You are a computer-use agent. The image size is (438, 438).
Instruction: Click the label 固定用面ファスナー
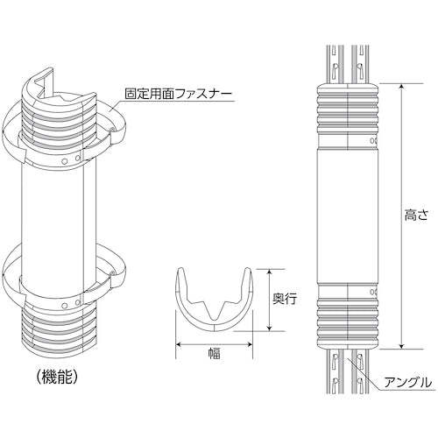[x=179, y=94]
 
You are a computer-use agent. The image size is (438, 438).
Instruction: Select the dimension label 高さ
[x=416, y=215]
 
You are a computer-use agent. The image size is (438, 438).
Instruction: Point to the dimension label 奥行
[x=285, y=299]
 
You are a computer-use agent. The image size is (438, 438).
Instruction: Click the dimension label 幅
[x=214, y=353]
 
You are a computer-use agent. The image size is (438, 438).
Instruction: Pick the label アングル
[x=407, y=383]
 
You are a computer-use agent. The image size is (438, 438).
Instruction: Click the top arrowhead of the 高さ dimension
[x=402, y=87]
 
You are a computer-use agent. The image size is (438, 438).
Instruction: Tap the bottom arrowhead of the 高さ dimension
[x=402, y=345]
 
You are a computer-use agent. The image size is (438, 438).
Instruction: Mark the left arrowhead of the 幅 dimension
[x=179, y=344]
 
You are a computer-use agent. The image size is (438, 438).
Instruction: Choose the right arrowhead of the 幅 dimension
[x=249, y=344]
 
